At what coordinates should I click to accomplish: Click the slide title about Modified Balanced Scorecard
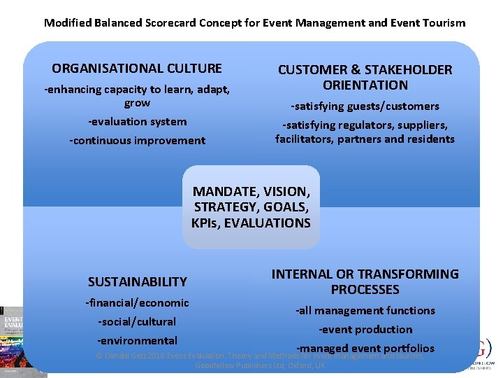254,22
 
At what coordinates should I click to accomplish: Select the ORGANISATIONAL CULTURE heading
137,69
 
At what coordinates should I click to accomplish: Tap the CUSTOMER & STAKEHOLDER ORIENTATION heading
365,77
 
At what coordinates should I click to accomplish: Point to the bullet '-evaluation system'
137,122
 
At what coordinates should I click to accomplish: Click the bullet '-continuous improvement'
137,141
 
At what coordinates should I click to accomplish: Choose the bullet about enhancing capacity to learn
137,96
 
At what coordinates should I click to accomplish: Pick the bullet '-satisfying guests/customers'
365,106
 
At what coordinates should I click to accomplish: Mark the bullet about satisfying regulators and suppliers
365,132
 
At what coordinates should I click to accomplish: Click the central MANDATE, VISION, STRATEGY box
251,207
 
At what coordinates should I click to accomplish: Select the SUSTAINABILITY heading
138,282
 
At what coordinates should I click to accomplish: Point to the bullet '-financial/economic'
137,303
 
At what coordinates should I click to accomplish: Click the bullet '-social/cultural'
137,322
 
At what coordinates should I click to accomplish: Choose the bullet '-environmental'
137,341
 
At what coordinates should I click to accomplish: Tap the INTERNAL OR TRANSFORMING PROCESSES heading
365,281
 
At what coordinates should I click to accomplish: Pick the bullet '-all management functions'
365,311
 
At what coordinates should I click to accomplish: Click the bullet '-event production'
365,330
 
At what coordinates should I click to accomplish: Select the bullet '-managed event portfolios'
365,348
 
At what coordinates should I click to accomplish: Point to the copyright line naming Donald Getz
260,360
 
